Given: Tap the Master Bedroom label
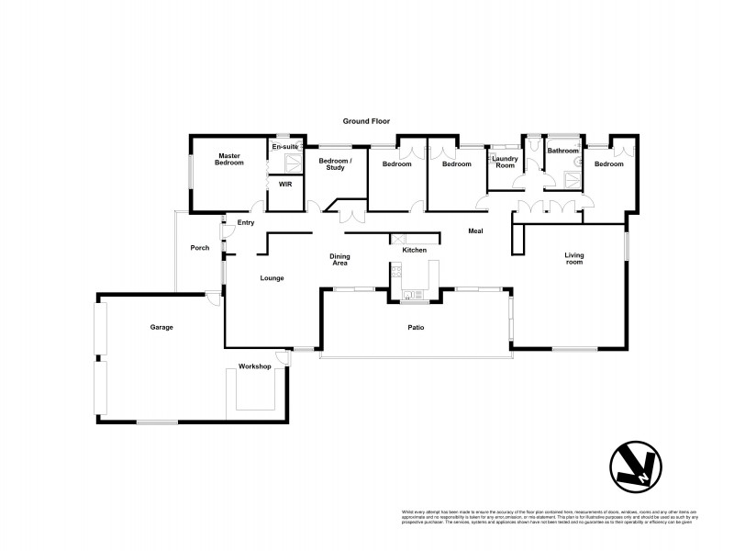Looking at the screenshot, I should pyautogui.click(x=228, y=159).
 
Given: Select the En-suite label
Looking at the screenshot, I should pyautogui.click(x=284, y=147).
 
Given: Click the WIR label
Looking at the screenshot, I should pyautogui.click(x=284, y=184).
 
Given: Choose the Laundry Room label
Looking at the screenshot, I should pyautogui.click(x=506, y=163).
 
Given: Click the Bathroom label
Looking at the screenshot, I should pyautogui.click(x=563, y=151).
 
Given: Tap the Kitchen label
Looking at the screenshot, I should pyautogui.click(x=415, y=250).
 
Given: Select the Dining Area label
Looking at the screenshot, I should pyautogui.click(x=339, y=260).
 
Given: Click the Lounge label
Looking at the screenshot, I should pyautogui.click(x=272, y=278).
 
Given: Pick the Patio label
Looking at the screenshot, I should pyautogui.click(x=415, y=327).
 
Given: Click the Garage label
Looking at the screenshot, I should pyautogui.click(x=161, y=327).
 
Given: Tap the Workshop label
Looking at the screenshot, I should pyautogui.click(x=254, y=366).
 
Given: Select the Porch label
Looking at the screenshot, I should pyautogui.click(x=199, y=248).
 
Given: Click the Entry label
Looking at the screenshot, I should pyautogui.click(x=246, y=223).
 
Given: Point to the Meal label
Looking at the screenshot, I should pyautogui.click(x=475, y=231).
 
